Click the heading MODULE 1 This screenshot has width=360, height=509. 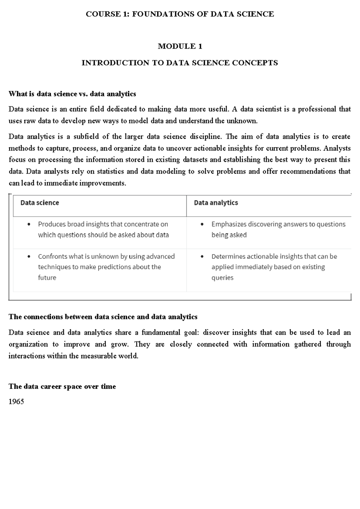click(x=180, y=46)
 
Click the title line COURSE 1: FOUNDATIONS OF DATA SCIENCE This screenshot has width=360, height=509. click(x=180, y=14)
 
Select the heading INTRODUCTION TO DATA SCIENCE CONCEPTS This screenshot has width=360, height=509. click(x=180, y=63)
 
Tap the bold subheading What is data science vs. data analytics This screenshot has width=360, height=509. click(x=72, y=94)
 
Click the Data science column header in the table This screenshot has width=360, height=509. click(x=40, y=203)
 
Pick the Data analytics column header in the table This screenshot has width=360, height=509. click(x=216, y=203)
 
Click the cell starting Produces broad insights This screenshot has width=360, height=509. click(x=103, y=230)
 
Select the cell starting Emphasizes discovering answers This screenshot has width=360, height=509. click(x=278, y=230)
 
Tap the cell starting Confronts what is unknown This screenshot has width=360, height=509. click(x=106, y=267)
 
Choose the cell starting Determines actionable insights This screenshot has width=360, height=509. click(x=274, y=267)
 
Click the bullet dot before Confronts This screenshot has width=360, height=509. click(x=29, y=257)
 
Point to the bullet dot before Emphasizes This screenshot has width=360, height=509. click(x=202, y=224)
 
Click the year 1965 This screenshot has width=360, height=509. click(x=16, y=402)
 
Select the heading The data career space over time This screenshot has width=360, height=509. click(x=62, y=386)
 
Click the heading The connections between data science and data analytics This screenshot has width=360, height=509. click(x=103, y=317)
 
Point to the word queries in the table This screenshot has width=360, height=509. click(x=222, y=278)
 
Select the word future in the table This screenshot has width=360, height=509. click(x=47, y=278)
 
